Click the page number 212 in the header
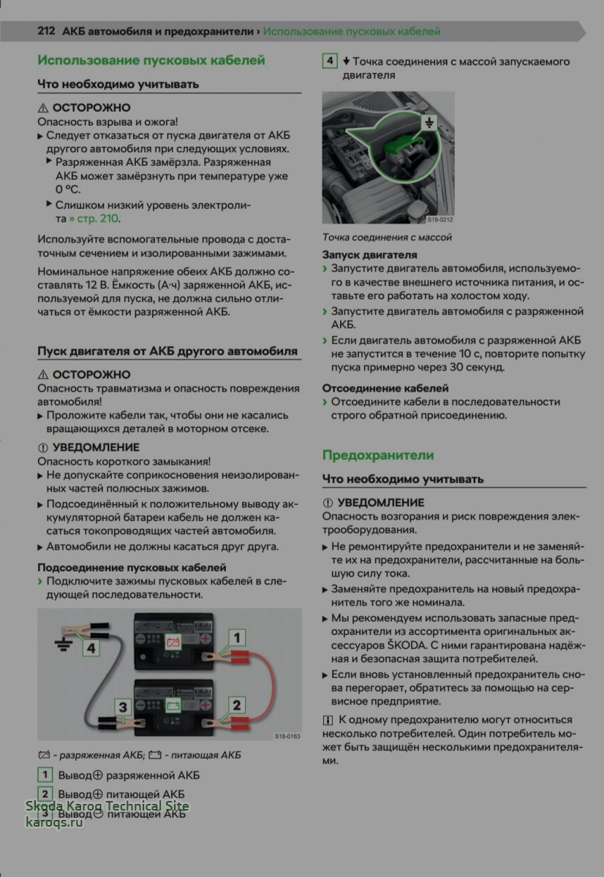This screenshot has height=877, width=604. coord(47,32)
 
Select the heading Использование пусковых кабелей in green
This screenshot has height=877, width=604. coord(151,61)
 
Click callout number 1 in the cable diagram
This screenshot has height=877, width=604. coord(236,638)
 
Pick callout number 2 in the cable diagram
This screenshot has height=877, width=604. coord(236,705)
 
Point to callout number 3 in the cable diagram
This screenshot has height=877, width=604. coord(123,707)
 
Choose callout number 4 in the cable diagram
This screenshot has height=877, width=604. coord(91,647)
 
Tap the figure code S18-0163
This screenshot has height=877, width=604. coord(287,737)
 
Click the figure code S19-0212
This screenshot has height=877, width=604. coord(439,219)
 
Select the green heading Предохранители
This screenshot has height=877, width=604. coord(378,455)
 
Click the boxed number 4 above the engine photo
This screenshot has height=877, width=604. coord(330,61)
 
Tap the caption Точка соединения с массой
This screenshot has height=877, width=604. coord(387,237)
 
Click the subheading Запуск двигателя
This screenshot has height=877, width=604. coord(370,255)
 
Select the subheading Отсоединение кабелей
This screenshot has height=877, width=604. coord(385,388)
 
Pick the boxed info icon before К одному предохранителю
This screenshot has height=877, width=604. coord(328,720)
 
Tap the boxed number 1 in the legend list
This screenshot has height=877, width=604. coord(45,775)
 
